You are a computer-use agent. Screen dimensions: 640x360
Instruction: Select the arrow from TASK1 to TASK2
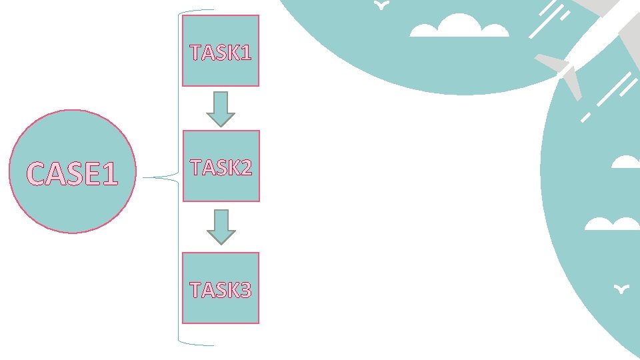(x=221, y=109)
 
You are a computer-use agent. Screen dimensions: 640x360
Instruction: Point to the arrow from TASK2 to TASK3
(x=221, y=227)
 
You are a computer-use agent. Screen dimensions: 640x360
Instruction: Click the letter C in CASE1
(x=37, y=174)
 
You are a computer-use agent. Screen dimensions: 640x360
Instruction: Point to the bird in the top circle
(x=381, y=5)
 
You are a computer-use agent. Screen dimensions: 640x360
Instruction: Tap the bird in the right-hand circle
(x=622, y=289)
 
